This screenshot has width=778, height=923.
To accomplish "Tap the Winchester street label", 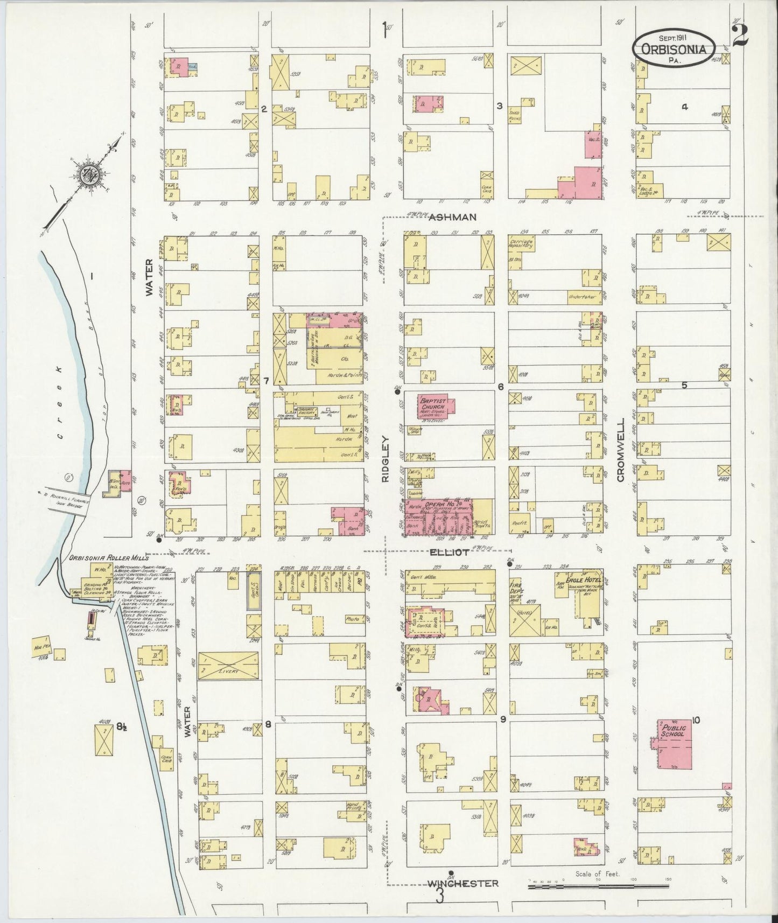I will click(463, 883).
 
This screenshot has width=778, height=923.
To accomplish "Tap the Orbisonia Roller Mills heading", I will click(109, 558).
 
